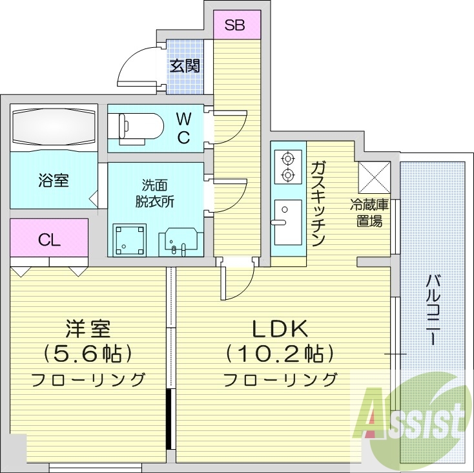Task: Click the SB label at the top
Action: pyautogui.click(x=234, y=26)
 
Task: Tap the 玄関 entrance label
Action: pyautogui.click(x=185, y=65)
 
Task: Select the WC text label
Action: pyautogui.click(x=183, y=128)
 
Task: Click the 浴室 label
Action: pyautogui.click(x=54, y=180)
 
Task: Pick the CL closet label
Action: pyautogui.click(x=49, y=240)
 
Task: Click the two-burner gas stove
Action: pyautogui.click(x=286, y=166)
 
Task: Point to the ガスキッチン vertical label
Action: pyautogui.click(x=317, y=204)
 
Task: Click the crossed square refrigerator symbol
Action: pyautogui.click(x=373, y=176)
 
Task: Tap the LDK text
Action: pyautogui.click(x=279, y=330)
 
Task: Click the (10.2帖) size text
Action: pyautogui.click(x=280, y=354)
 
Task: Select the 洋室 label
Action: pyautogui.click(x=88, y=330)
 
